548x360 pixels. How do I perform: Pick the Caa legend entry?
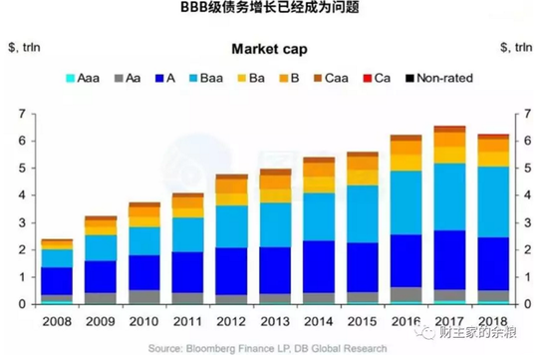[x=340, y=77]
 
